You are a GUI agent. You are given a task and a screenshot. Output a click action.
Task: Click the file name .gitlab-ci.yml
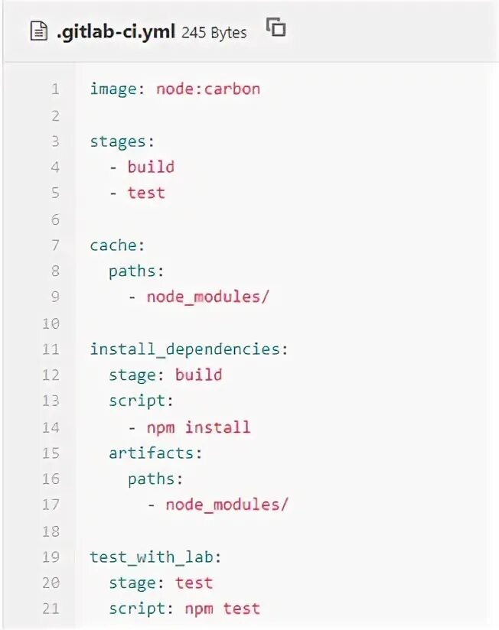116,32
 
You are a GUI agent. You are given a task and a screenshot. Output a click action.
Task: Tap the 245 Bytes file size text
214,32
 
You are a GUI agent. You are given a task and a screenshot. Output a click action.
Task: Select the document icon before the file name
38,32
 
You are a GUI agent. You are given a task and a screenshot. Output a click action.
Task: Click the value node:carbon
208,89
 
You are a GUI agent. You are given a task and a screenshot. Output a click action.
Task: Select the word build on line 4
151,167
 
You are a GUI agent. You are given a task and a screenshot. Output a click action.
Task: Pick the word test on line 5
146,193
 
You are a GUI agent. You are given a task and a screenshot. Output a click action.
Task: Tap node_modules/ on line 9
208,297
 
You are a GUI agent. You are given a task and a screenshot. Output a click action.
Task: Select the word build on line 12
198,375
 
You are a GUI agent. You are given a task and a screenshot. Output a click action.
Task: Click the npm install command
198,427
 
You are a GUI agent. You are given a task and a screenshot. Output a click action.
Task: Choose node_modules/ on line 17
227,505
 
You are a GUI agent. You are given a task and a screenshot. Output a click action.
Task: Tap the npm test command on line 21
222,609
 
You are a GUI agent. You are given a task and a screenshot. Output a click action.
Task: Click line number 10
51,323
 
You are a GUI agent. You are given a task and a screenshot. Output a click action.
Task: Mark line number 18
51,531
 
